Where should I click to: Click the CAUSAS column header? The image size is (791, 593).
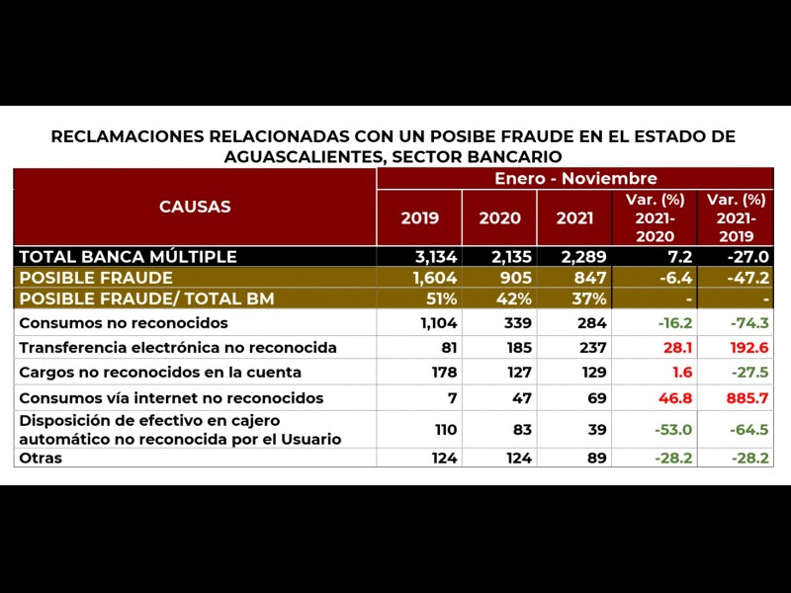(x=195, y=207)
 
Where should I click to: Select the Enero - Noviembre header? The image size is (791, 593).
(x=575, y=178)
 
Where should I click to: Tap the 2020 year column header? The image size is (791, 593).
(x=498, y=218)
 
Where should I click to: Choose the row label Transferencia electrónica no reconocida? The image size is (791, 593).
(x=178, y=348)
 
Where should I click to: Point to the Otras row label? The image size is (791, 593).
(x=41, y=458)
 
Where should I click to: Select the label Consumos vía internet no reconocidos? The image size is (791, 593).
(x=171, y=398)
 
